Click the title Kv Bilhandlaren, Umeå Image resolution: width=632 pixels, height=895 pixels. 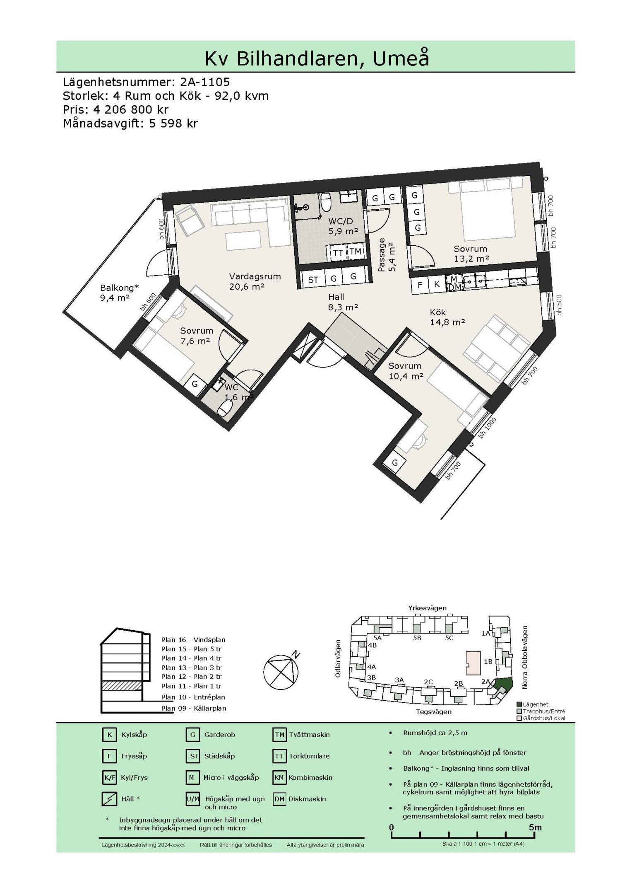(x=317, y=58)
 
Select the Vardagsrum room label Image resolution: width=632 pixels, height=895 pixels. (x=255, y=276)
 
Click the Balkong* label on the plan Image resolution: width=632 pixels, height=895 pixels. (x=120, y=288)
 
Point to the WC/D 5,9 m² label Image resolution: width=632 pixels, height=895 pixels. (x=343, y=226)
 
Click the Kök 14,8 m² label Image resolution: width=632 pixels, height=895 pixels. (x=447, y=317)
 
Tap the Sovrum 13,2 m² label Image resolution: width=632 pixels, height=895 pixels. (x=471, y=254)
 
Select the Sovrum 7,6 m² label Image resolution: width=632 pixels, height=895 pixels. (x=197, y=336)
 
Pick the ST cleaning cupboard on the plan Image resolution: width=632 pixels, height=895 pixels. (x=313, y=280)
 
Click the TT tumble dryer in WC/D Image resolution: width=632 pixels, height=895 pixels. (x=337, y=252)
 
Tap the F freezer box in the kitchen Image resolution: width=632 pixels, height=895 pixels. (x=420, y=285)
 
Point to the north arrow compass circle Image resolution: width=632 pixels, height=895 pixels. (x=281, y=672)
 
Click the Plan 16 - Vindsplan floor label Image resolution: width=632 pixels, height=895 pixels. (x=194, y=640)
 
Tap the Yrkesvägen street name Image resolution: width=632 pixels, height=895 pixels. (x=427, y=608)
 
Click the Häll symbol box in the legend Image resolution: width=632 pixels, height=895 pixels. (x=109, y=799)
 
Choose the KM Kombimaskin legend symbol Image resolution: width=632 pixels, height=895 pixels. (x=279, y=777)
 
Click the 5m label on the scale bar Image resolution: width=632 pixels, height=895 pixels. (x=535, y=827)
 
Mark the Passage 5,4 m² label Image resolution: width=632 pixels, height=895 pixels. (x=386, y=254)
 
